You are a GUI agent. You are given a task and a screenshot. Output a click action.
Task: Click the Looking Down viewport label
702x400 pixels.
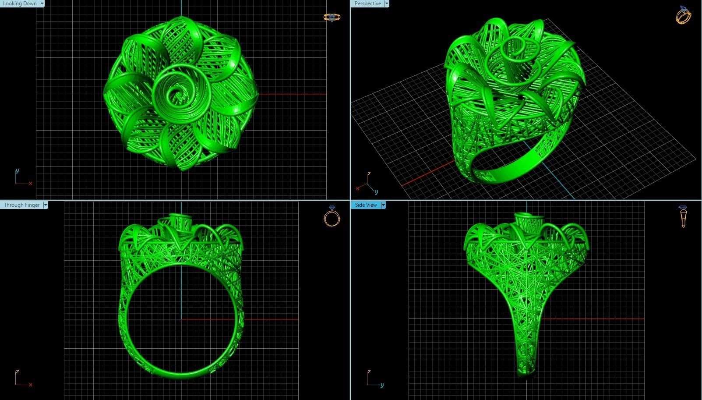point(20,4)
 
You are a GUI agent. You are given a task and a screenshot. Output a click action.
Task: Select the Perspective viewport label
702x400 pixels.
point(367,4)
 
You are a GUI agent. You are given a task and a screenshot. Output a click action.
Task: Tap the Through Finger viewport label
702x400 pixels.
point(21,205)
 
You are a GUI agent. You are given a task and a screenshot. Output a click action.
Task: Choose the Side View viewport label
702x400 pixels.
point(366,205)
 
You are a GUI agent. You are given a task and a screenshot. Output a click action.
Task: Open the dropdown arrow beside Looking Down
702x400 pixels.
point(42,4)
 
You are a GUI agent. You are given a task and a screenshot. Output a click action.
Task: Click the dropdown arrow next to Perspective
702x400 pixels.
point(386,4)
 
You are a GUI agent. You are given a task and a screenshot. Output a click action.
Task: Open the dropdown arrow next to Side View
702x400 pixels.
point(383,205)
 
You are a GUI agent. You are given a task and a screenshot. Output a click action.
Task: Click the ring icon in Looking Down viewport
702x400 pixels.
point(332,18)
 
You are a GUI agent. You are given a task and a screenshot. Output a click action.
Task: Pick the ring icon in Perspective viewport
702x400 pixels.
point(683,15)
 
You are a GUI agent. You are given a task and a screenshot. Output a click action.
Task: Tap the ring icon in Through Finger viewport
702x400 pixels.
point(332,216)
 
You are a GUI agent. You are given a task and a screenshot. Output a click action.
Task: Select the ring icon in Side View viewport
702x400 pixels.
point(683,216)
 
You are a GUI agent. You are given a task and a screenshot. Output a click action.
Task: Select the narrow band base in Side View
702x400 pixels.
point(526,368)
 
